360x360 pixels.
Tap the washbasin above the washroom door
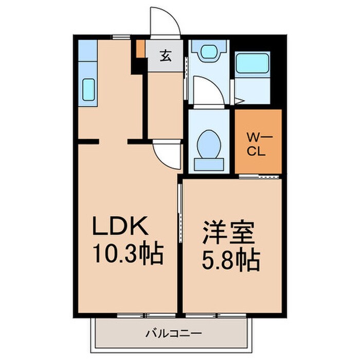pos(209,52)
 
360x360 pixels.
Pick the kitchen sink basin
pos(88,91)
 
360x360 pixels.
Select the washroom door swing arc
pos(208,91)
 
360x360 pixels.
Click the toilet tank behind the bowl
pos(209,164)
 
